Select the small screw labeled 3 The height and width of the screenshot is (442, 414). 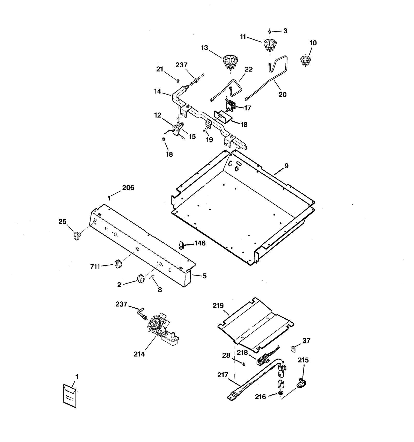click(x=270, y=32)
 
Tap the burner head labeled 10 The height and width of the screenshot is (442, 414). click(x=305, y=60)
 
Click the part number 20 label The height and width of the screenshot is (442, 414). click(x=282, y=95)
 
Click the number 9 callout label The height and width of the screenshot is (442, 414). click(x=286, y=166)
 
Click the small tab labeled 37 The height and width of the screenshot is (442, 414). click(x=293, y=349)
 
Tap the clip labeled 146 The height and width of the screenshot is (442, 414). click(x=181, y=245)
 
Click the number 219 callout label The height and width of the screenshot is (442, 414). click(x=218, y=306)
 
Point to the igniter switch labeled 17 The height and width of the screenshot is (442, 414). click(x=231, y=106)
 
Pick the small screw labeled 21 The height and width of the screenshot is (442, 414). click(x=178, y=81)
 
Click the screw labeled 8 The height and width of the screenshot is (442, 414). click(x=153, y=277)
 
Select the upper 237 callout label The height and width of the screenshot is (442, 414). click(x=181, y=65)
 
